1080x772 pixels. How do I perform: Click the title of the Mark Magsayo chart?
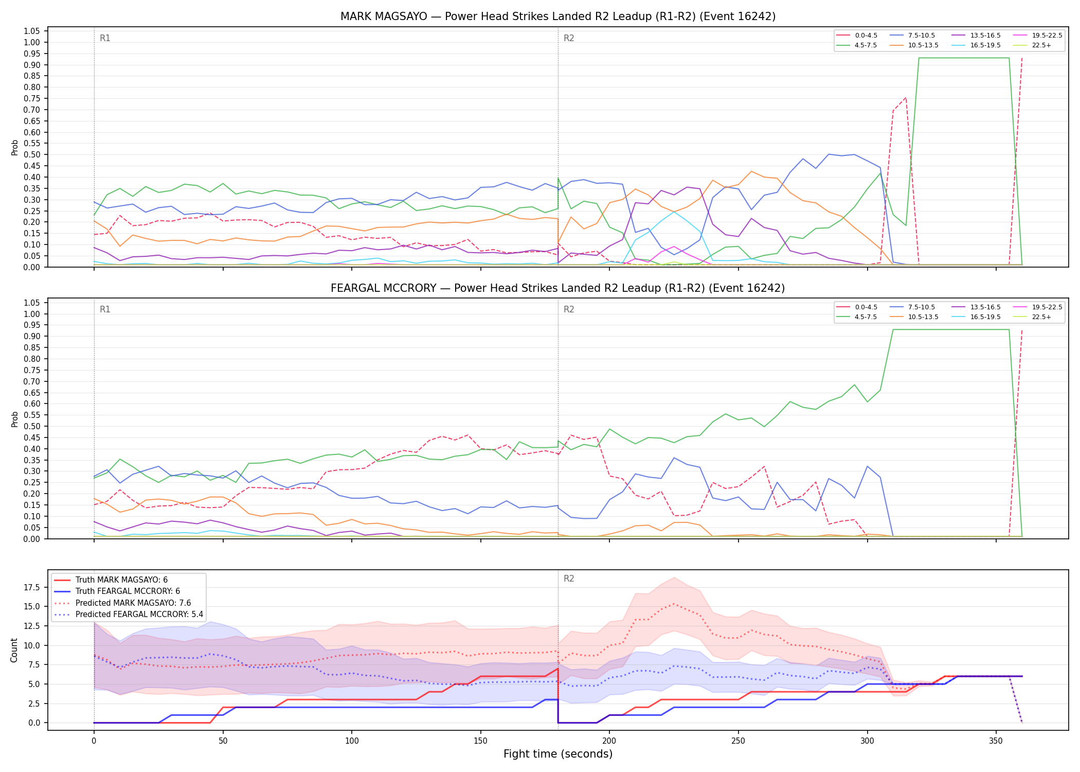click(x=558, y=16)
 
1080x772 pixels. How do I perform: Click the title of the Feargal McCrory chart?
click(x=558, y=288)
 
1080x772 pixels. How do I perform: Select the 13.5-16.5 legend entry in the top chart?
click(x=976, y=36)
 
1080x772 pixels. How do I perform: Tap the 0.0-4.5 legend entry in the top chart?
click(x=857, y=36)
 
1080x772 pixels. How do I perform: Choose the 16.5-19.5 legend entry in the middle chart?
click(x=976, y=317)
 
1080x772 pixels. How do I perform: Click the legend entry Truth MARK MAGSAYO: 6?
click(x=111, y=580)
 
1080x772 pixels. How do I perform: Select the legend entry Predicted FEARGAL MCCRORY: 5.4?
click(x=129, y=615)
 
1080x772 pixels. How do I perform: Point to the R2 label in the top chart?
click(x=569, y=38)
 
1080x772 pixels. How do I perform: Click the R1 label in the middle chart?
click(x=105, y=309)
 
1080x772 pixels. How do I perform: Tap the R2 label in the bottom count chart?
click(x=569, y=578)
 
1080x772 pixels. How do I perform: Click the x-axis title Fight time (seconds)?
click(x=558, y=754)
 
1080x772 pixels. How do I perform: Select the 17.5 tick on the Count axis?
click(x=32, y=588)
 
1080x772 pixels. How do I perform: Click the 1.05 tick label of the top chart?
click(x=32, y=31)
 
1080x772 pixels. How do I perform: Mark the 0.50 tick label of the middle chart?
click(x=32, y=426)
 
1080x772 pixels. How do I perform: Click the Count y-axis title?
click(x=14, y=650)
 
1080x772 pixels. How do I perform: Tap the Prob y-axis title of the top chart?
click(x=14, y=147)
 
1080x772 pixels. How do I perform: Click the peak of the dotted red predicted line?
click(x=674, y=604)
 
